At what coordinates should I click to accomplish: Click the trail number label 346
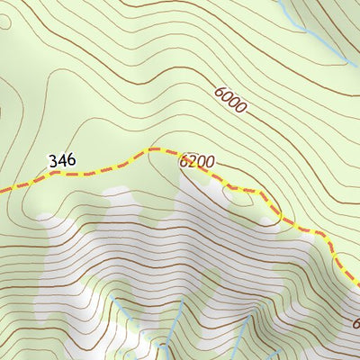click(x=62, y=161)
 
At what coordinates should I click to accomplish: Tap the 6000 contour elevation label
click(x=230, y=99)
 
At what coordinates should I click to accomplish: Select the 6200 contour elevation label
click(x=197, y=163)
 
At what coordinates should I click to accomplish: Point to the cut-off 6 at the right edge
click(x=355, y=323)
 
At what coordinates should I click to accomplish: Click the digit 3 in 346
click(x=54, y=161)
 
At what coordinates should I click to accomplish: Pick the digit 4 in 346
click(x=62, y=161)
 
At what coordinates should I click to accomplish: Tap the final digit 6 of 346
click(x=70, y=161)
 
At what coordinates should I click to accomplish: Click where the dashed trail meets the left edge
click(x=2, y=189)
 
